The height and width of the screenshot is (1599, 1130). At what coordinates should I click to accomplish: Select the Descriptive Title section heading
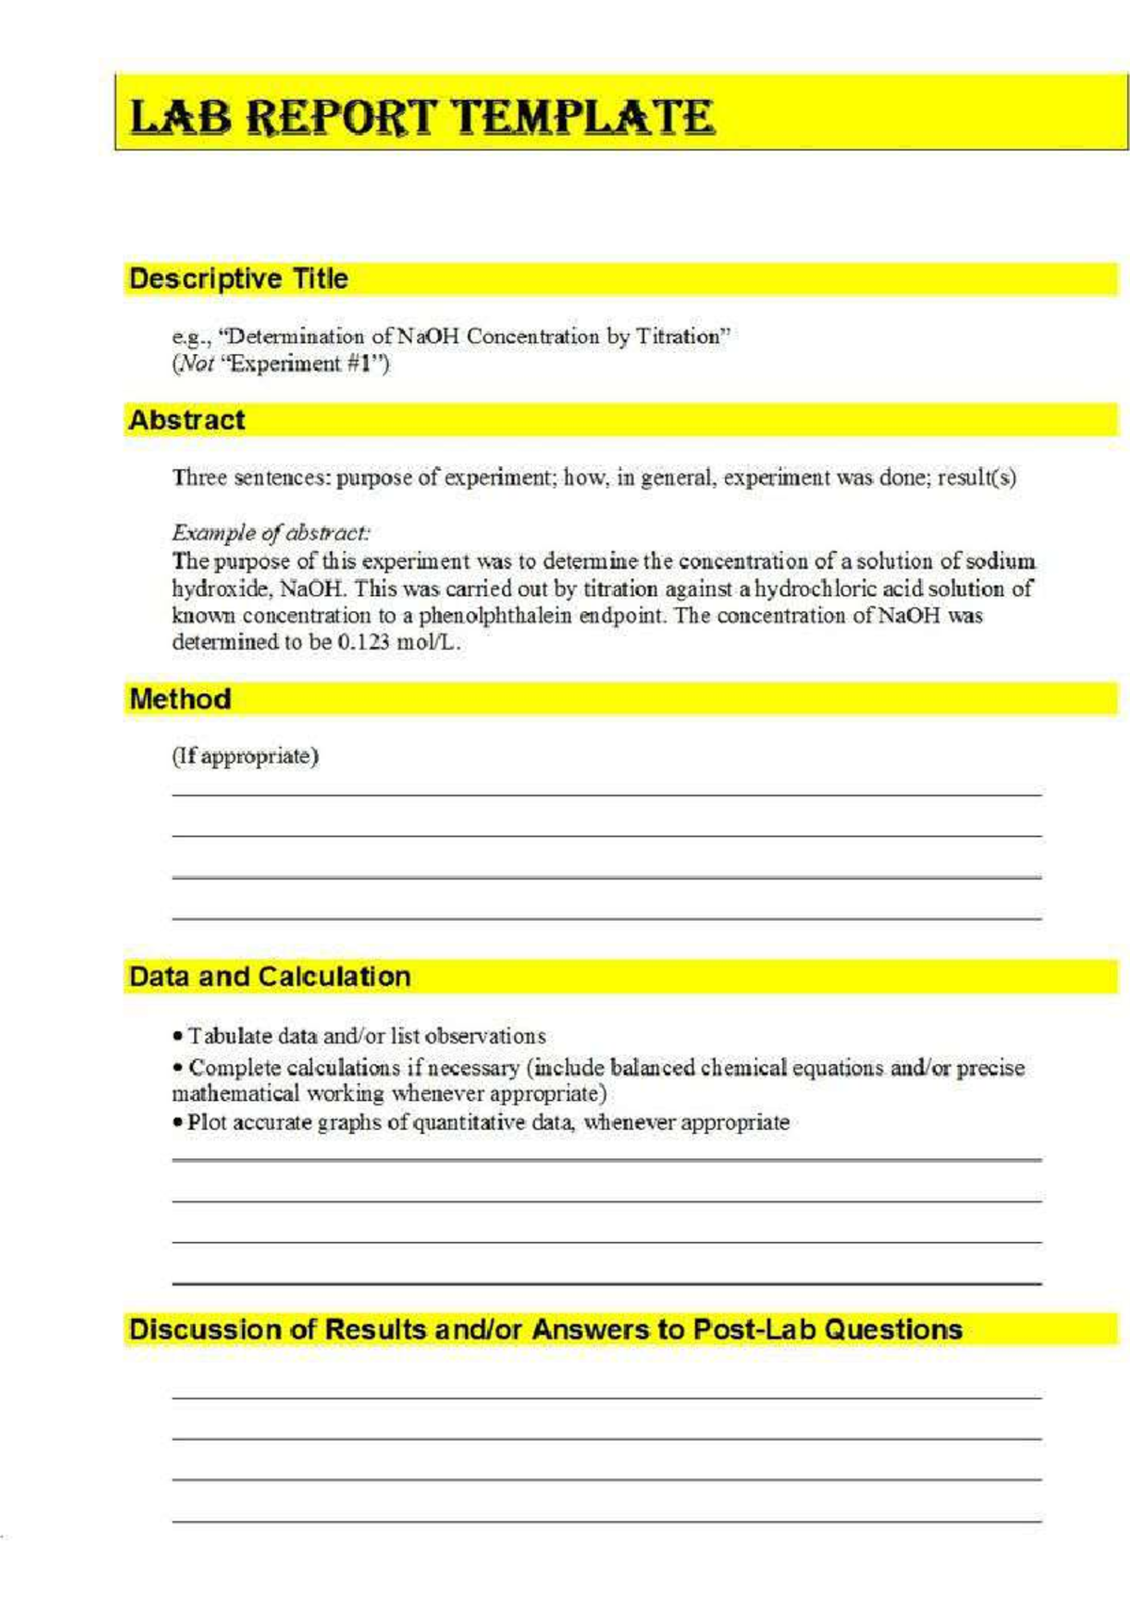[238, 279]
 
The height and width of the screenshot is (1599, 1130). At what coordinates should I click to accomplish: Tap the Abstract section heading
[186, 420]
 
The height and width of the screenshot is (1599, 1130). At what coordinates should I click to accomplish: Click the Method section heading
[180, 699]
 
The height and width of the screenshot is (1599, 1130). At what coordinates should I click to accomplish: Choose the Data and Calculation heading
[269, 977]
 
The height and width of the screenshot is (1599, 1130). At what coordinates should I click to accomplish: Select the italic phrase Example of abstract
[270, 532]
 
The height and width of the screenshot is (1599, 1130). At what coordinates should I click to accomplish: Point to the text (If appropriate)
[245, 756]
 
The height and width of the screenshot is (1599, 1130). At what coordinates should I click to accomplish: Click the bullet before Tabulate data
[177, 1037]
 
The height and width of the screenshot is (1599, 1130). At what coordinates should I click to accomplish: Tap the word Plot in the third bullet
[206, 1123]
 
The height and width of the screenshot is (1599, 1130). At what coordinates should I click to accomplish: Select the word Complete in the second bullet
[234, 1068]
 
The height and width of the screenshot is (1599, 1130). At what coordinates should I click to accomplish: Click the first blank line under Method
[606, 795]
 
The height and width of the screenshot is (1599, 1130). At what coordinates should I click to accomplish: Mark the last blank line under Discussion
[606, 1521]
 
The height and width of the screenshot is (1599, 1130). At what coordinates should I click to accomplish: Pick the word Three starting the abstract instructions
[199, 477]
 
